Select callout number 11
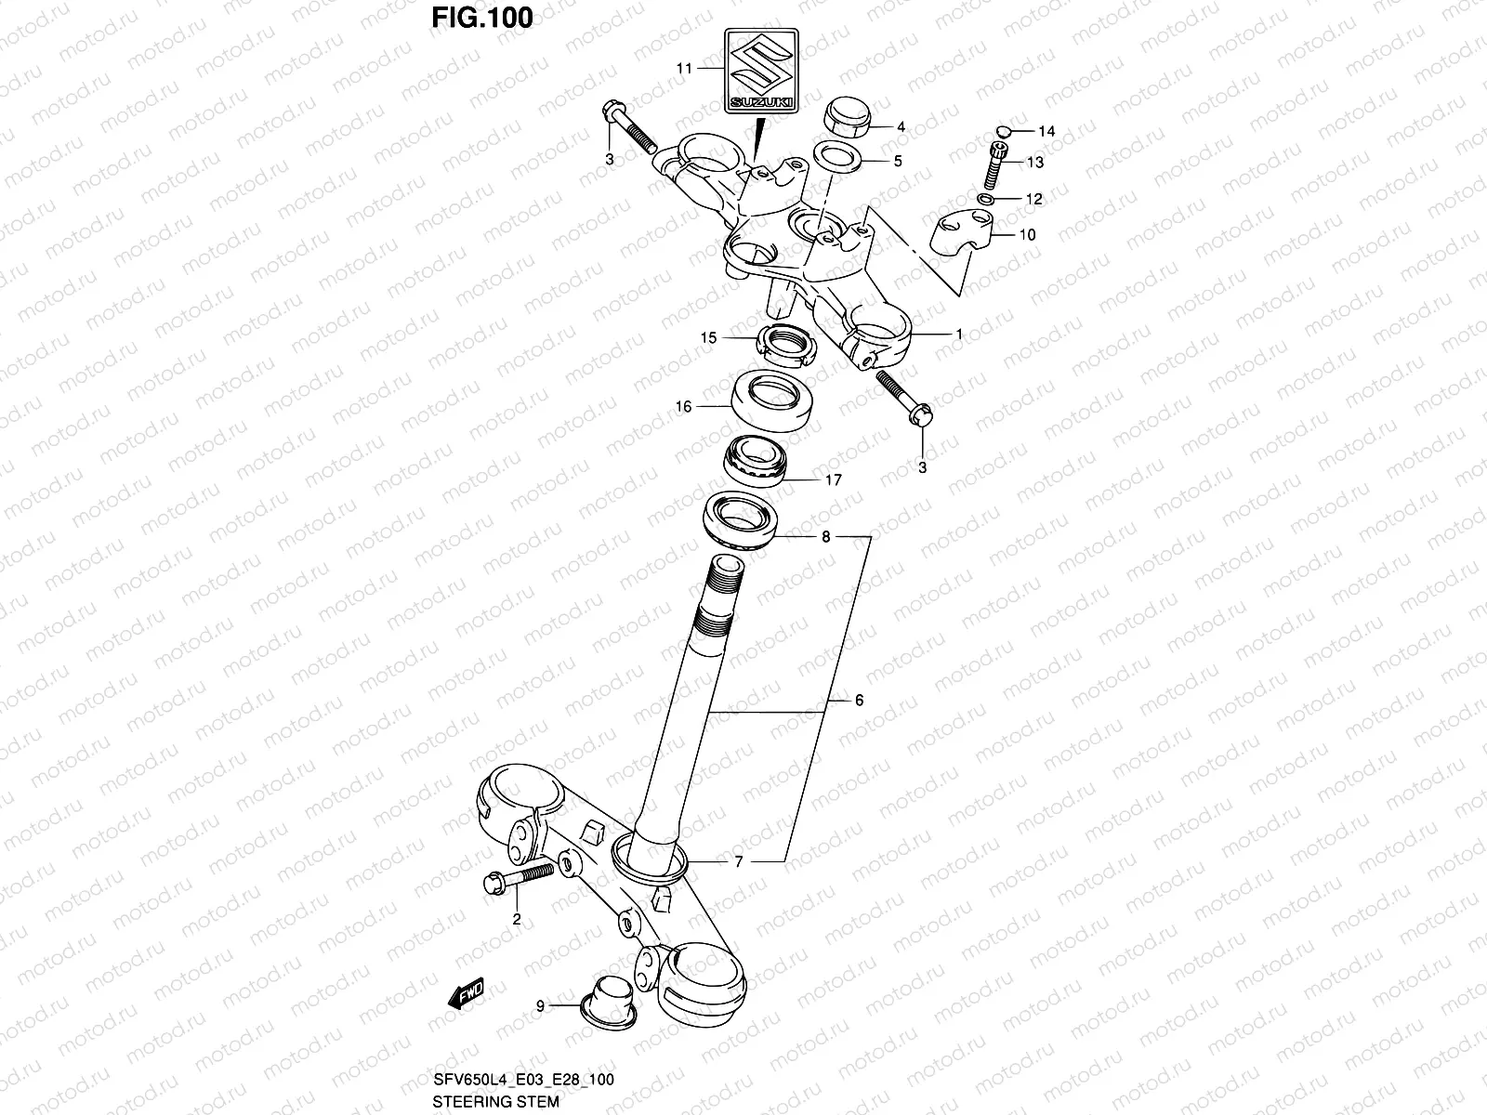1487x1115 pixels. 684,69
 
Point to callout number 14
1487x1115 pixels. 1046,132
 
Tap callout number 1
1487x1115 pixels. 959,333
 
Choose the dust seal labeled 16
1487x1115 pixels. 770,397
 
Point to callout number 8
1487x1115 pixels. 825,537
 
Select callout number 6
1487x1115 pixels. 859,700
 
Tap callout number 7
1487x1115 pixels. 739,862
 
